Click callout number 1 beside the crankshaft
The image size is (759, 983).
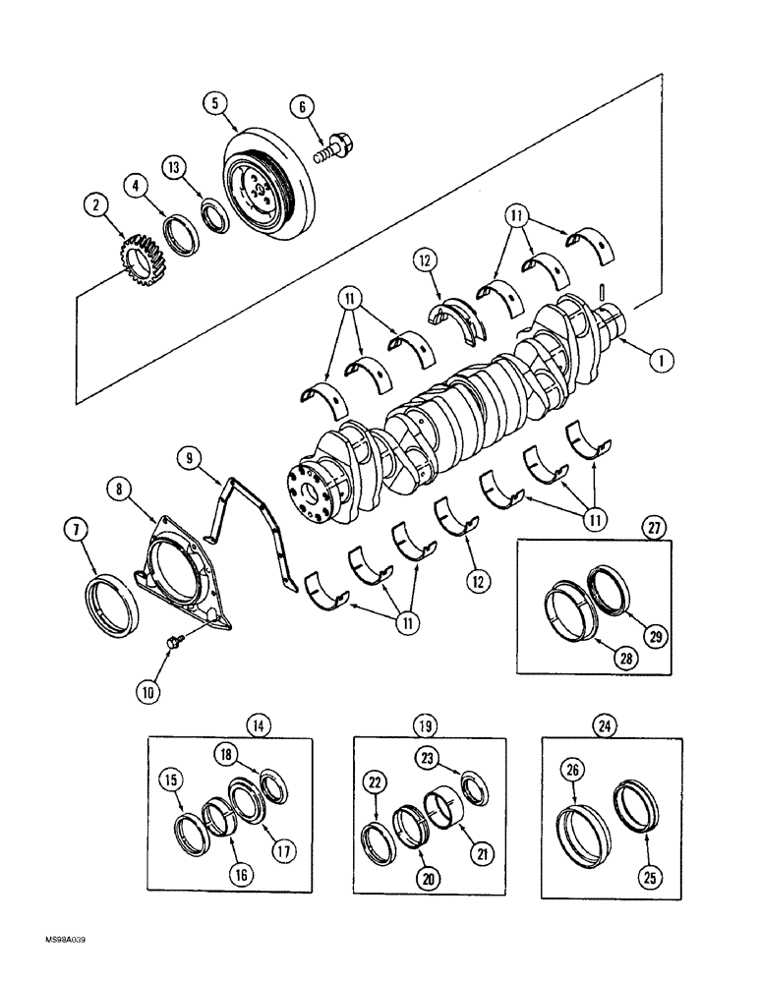point(661,361)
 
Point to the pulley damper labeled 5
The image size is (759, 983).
point(263,187)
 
